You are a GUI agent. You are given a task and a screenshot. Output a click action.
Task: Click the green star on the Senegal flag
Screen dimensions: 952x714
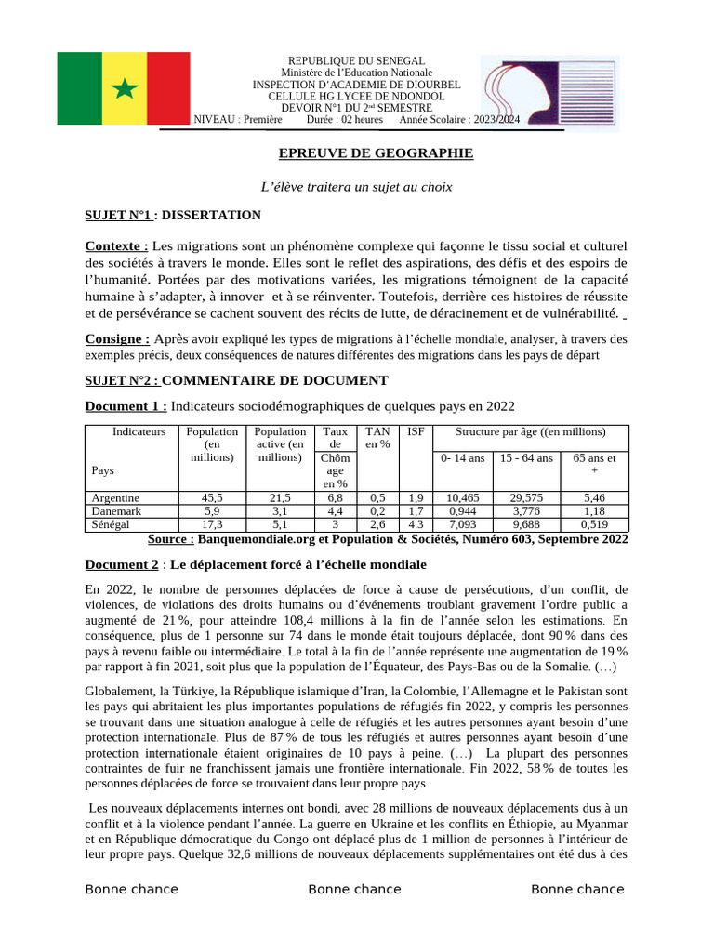(x=124, y=89)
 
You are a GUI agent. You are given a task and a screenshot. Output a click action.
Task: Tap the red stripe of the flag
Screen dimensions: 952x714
(x=168, y=89)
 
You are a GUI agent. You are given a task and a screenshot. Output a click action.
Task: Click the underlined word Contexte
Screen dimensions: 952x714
(x=116, y=245)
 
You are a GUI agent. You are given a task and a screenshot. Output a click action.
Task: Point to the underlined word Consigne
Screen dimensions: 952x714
(x=117, y=339)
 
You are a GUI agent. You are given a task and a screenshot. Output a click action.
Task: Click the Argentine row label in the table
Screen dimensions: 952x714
(x=115, y=498)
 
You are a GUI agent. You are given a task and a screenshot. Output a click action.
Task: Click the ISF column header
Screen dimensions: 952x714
(x=416, y=431)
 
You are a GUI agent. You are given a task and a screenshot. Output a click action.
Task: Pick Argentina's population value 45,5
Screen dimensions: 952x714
(x=212, y=498)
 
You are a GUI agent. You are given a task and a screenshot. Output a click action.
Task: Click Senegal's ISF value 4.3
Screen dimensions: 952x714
(x=416, y=524)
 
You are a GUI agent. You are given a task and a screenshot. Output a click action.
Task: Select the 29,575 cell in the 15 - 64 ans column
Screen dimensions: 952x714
(x=527, y=498)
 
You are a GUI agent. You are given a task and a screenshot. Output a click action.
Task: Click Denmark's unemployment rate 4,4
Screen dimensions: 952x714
(x=335, y=511)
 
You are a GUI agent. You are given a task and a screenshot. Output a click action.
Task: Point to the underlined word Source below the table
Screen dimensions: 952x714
(x=171, y=539)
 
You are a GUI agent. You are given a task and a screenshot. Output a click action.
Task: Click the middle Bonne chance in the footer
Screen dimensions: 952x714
(x=354, y=890)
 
